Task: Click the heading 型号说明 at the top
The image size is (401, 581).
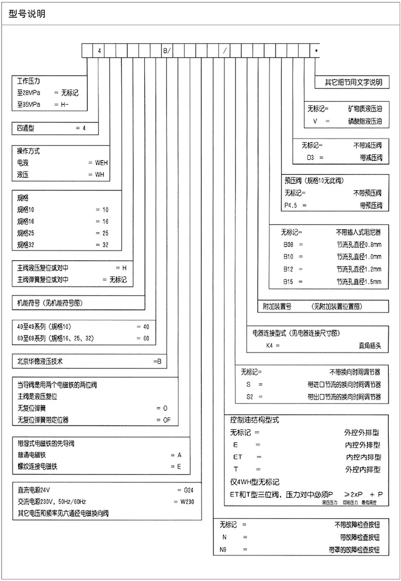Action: [x=27, y=14]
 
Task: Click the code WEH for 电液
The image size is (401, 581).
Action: [x=102, y=164]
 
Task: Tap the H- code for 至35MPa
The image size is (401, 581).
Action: [x=69, y=104]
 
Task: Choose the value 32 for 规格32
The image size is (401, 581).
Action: [x=105, y=245]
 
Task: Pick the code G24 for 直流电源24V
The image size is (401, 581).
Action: [x=188, y=491]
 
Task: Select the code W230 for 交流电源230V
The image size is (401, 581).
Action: [x=184, y=502]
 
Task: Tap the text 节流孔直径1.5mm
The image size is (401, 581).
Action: [x=358, y=281]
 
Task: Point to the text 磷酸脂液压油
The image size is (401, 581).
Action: [x=364, y=122]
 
